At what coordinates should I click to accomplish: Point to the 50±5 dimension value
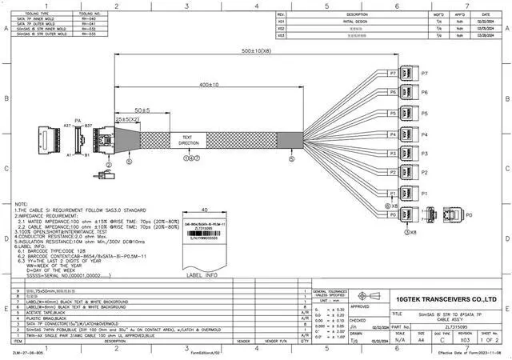(142, 110)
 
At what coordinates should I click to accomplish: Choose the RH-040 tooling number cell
(88, 19)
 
